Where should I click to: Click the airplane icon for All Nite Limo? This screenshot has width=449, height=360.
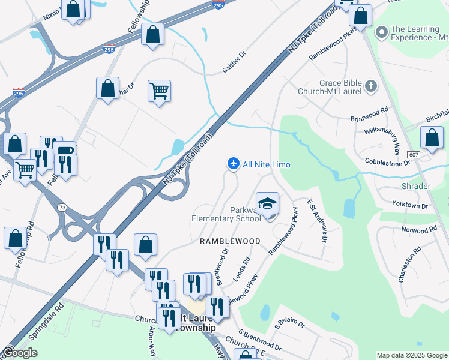(234, 163)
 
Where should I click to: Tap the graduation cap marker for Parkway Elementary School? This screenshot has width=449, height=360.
(268, 202)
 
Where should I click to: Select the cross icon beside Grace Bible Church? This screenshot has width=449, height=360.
(370, 85)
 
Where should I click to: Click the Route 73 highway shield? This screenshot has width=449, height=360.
(62, 207)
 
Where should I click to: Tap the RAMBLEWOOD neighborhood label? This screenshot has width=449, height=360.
(231, 241)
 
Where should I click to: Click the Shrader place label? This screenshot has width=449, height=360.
(415, 186)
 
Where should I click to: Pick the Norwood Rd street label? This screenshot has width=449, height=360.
(419, 230)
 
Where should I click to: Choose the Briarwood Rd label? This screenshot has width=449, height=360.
(370, 115)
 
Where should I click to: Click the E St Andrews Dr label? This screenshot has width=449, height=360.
(317, 221)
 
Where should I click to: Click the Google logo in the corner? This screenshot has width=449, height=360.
(20, 353)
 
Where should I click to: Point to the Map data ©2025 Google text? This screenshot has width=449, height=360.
(411, 355)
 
